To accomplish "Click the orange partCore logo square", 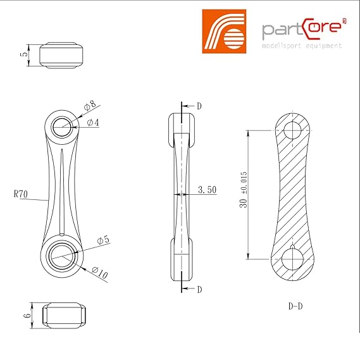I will tap(223, 30).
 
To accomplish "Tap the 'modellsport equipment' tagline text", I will tap(302, 46).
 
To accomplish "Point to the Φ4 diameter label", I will tap(92, 123).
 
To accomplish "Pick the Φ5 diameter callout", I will tap(103, 240).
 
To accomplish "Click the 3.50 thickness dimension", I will tap(208, 189).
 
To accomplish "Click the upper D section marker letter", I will tap(199, 106).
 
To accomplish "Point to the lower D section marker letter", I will tap(199, 289).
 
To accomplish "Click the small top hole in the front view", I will tap(63, 127).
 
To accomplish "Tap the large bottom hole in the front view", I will tap(62, 257).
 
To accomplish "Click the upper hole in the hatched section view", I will tap(292, 130).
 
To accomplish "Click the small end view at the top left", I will tap(62, 54).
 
